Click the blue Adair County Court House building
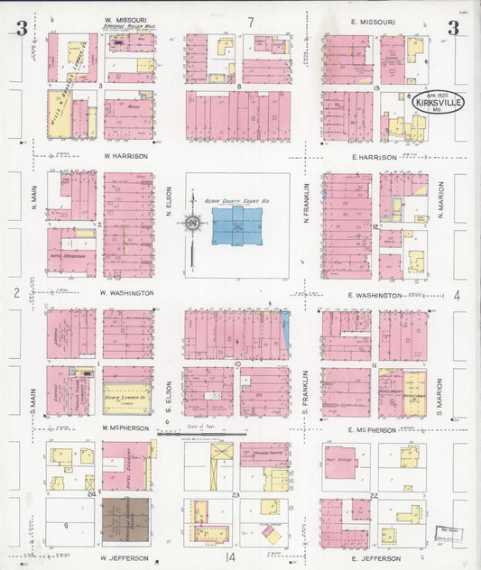237,225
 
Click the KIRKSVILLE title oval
439,105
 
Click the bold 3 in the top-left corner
21,29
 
